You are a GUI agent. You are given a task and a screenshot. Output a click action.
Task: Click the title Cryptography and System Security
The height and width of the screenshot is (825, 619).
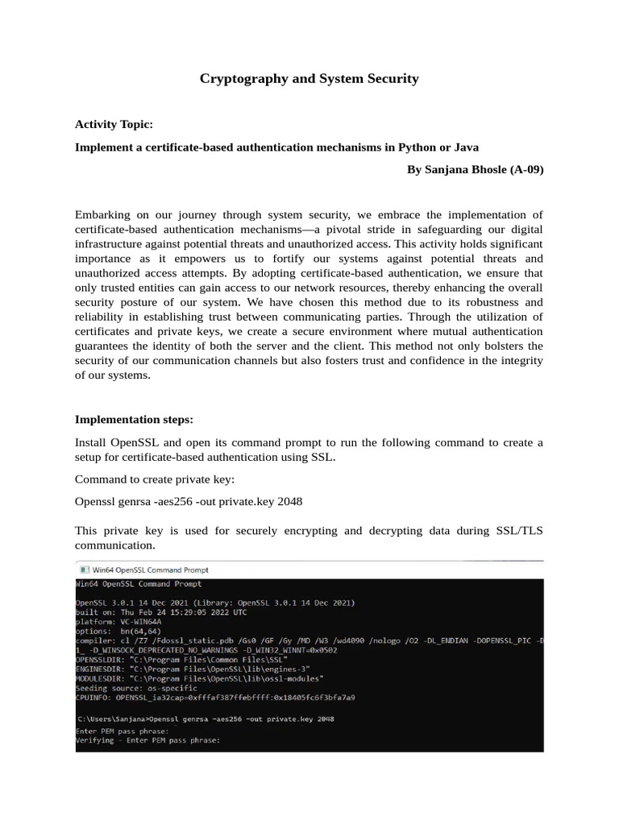tap(309, 78)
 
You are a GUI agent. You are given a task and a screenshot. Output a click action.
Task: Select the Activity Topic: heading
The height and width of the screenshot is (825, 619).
tap(113, 125)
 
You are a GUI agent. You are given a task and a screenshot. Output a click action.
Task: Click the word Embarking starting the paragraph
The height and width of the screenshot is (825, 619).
tap(104, 215)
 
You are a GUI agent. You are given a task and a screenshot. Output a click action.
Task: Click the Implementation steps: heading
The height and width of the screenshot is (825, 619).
tap(134, 420)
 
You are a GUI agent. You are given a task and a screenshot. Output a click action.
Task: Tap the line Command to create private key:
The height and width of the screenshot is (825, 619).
tap(154, 479)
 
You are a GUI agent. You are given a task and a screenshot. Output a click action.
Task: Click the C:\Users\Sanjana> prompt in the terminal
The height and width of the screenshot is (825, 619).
tap(113, 718)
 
